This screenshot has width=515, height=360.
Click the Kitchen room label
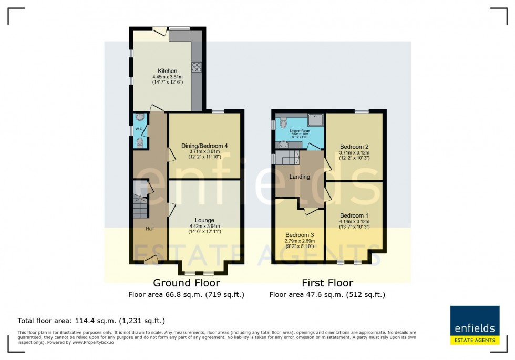point(168,71)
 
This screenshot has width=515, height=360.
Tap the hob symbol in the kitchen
point(197,67)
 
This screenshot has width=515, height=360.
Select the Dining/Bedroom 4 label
point(204,146)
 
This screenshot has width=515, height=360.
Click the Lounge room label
point(204,220)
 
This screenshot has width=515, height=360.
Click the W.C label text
point(139,129)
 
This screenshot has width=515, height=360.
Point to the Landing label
point(300,177)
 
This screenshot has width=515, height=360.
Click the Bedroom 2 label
point(354,147)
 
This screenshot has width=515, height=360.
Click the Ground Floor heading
point(186,283)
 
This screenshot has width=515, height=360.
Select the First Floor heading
point(327,283)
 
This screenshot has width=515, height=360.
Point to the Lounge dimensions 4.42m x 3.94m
point(204,227)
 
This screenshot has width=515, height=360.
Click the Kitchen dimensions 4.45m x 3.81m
point(168,77)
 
